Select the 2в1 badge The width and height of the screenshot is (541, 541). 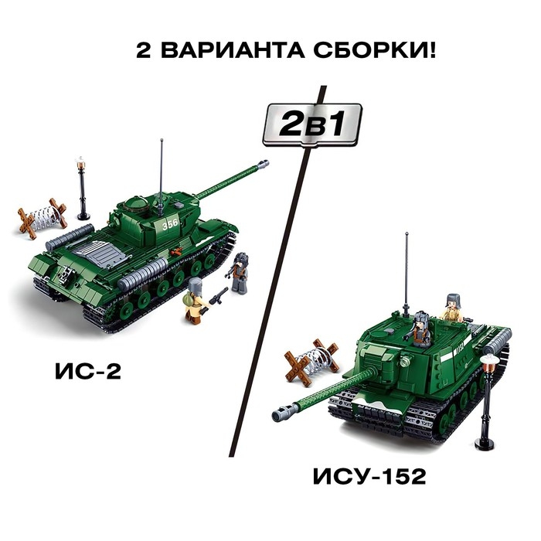311,124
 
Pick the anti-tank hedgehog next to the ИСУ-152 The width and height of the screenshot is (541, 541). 309,362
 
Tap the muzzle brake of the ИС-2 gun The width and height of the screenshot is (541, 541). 264,164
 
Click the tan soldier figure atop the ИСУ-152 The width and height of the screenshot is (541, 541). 453,309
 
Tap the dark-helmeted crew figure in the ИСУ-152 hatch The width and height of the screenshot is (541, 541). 420,328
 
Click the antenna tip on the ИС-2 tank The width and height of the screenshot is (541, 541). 161,141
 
